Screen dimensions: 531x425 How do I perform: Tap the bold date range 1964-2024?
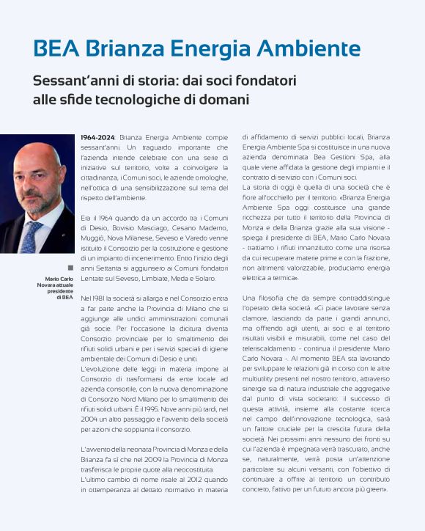pos(97,137)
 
